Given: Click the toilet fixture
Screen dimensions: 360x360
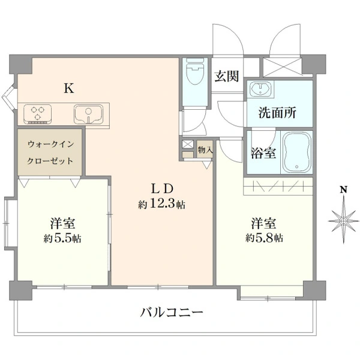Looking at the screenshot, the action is (x=195, y=71).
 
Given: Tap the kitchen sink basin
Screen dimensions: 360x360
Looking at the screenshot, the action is (x=88, y=113).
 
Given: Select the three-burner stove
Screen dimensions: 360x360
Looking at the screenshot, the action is (x=37, y=114).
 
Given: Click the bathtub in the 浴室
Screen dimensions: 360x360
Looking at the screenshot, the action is (x=297, y=152).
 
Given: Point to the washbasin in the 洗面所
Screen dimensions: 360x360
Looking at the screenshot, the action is (x=261, y=88).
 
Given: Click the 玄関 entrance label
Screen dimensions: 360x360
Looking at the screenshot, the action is (x=227, y=76).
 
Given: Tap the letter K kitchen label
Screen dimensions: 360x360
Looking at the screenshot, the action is (x=69, y=88).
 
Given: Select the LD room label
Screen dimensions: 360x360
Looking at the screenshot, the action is (x=162, y=189).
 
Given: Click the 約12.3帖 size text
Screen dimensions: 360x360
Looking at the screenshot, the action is (x=161, y=204).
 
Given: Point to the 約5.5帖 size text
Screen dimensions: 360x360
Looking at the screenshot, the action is (x=62, y=239).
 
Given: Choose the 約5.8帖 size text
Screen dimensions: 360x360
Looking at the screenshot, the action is (x=264, y=238).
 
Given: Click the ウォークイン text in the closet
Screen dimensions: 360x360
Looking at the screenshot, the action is (x=51, y=144).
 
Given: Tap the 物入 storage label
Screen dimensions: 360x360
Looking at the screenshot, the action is (x=205, y=151).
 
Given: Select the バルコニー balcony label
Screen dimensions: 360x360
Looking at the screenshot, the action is (x=172, y=312).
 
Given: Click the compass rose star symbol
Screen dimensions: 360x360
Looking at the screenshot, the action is (x=343, y=221).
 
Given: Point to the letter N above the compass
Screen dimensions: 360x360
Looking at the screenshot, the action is (x=343, y=190).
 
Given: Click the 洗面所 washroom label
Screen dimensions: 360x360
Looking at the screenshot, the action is (x=277, y=113).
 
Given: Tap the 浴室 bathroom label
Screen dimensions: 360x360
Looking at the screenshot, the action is (x=263, y=153).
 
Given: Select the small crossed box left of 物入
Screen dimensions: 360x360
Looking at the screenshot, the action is (x=188, y=145).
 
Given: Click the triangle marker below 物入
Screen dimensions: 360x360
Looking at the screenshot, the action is (x=206, y=165).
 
